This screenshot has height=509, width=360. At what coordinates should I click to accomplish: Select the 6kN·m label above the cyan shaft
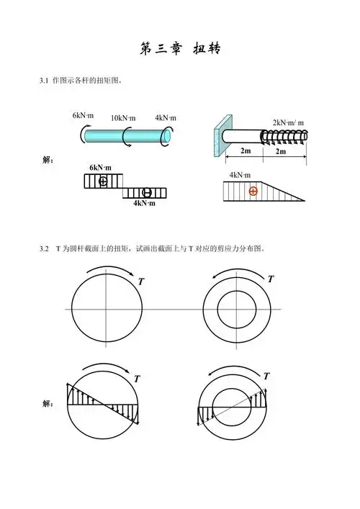[x=83, y=115]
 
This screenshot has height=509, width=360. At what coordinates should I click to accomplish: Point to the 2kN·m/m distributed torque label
[x=288, y=122]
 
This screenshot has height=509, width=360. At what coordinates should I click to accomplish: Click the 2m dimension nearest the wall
[x=245, y=152]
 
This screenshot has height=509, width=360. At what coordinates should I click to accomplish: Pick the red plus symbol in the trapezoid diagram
[x=253, y=191]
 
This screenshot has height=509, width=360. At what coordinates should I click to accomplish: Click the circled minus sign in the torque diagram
[x=146, y=192]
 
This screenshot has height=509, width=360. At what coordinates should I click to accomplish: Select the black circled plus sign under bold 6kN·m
[x=103, y=180]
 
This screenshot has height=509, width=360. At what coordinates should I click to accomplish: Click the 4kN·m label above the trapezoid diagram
[x=240, y=175]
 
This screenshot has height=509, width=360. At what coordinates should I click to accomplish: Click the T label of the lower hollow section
[x=266, y=376]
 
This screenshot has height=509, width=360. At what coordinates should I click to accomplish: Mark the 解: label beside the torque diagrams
[x=49, y=160]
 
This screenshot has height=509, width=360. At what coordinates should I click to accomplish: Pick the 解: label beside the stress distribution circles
[x=49, y=404]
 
